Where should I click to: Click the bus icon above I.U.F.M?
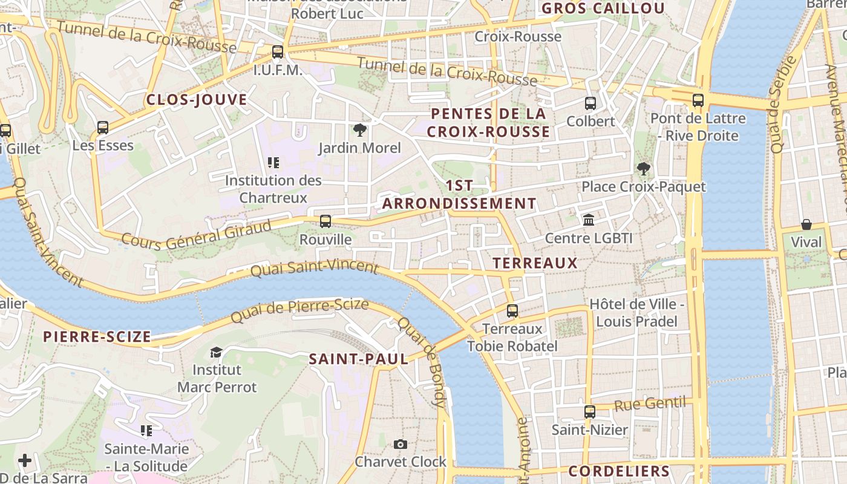click(278, 52)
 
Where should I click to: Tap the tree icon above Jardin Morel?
click(360, 129)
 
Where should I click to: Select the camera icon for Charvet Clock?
click(400, 445)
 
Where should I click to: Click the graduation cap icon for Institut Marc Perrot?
click(216, 352)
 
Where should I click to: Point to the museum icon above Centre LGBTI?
click(589, 220)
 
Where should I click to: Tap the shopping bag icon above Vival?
click(806, 224)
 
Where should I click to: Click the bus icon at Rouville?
click(325, 221)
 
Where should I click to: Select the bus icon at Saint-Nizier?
click(590, 412)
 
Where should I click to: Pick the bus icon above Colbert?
click(590, 103)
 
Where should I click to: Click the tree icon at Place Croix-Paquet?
click(643, 169)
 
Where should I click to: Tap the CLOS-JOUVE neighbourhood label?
click(197, 100)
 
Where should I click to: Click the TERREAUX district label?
click(535, 263)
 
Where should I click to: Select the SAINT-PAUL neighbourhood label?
click(359, 359)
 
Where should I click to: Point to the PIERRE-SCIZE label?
click(97, 337)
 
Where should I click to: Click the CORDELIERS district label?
click(619, 471)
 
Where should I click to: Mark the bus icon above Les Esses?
click(103, 128)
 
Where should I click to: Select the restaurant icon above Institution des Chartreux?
click(273, 162)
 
